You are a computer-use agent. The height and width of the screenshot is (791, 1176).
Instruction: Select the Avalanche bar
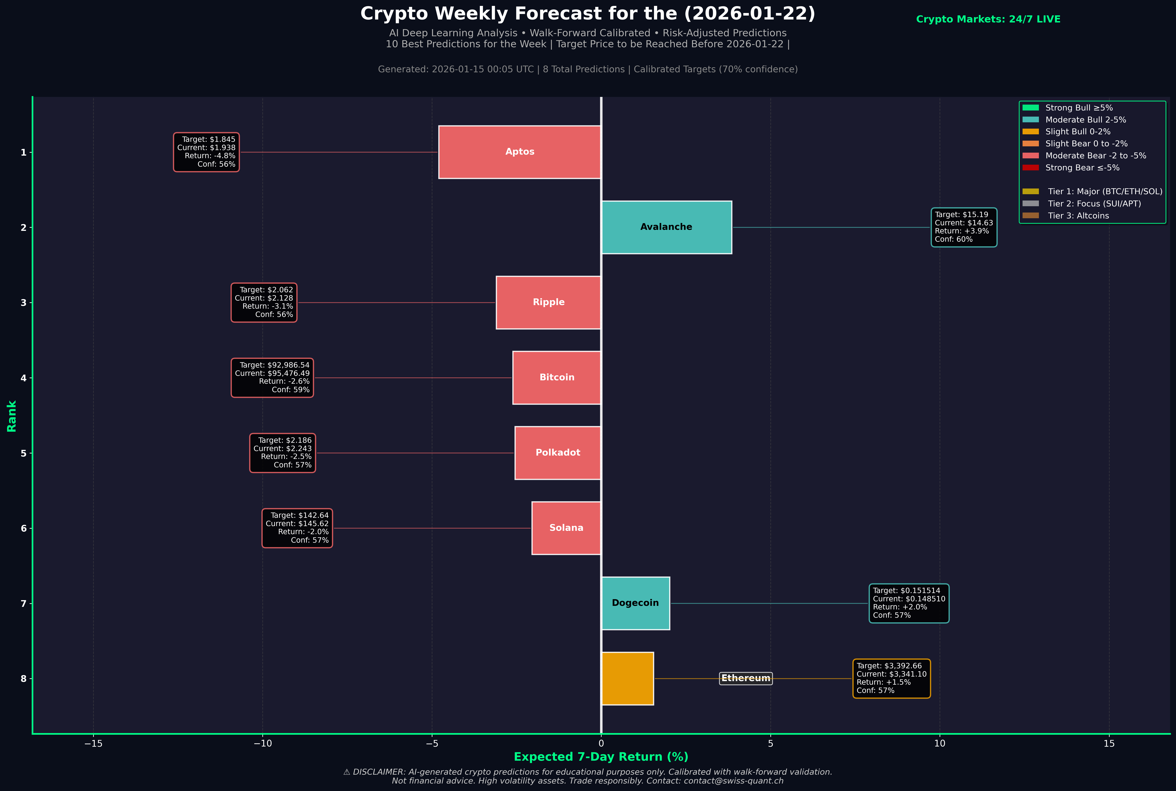click(x=666, y=227)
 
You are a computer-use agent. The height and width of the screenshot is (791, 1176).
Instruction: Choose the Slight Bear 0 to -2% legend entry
click(x=1086, y=144)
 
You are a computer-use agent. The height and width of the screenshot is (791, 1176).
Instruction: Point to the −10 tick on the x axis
click(x=262, y=744)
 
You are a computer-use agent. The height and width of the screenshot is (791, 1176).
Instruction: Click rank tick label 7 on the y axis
click(x=23, y=603)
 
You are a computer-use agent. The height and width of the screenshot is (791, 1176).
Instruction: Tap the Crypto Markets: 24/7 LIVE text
click(x=988, y=19)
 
